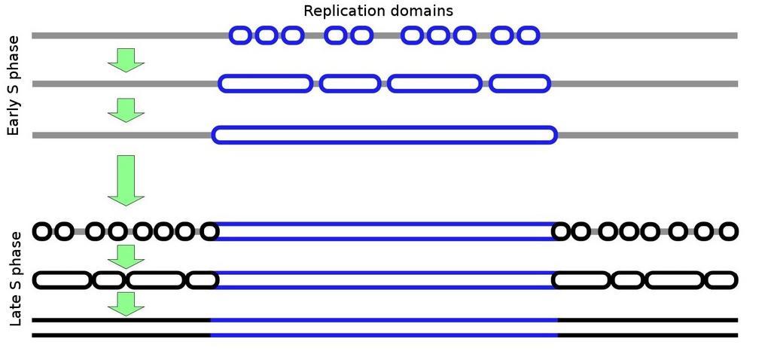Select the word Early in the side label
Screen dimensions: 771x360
(14, 118)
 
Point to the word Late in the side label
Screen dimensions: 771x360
(15, 312)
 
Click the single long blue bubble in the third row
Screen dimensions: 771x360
(385, 127)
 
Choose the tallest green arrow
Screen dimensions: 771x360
(126, 181)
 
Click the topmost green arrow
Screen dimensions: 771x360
(126, 60)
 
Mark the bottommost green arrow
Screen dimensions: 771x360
(126, 304)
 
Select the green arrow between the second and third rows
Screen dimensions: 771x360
(126, 110)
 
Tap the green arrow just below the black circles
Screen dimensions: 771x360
(126, 257)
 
